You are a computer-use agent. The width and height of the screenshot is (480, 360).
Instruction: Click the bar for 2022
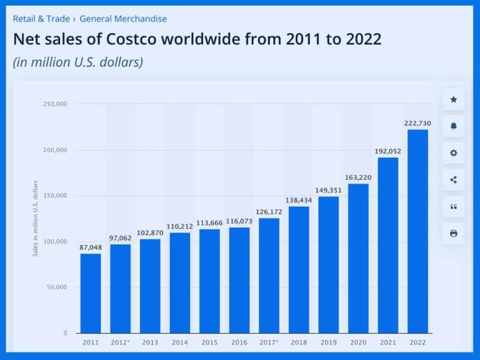[417, 231]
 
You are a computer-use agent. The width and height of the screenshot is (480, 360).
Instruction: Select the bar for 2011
[91, 293]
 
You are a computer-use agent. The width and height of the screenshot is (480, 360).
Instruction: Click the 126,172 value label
[269, 212]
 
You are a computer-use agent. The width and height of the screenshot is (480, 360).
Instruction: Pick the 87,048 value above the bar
[91, 247]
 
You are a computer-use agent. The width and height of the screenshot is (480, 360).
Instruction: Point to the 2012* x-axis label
[121, 342]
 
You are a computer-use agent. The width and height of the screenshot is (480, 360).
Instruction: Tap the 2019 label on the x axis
[329, 342]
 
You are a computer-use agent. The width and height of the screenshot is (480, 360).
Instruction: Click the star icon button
[454, 99]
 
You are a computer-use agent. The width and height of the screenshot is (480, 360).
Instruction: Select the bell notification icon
[454, 126]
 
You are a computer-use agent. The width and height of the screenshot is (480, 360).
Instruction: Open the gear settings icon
[454, 153]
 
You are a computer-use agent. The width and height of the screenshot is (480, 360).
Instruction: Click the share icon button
[454, 180]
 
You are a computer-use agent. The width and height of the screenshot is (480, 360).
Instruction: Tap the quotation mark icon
[454, 207]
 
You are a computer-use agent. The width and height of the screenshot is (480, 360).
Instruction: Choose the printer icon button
[454, 234]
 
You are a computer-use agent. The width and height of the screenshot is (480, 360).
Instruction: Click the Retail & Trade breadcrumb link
[41, 19]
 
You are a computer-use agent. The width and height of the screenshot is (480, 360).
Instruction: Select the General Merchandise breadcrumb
[123, 19]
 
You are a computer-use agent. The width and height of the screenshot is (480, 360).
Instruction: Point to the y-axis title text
[36, 218]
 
